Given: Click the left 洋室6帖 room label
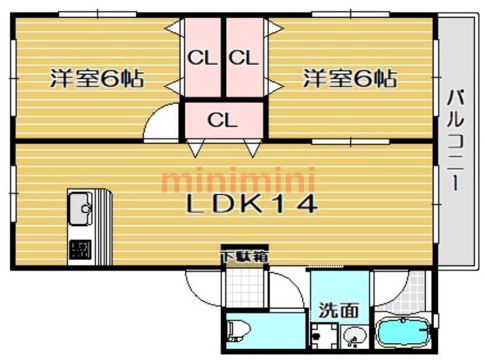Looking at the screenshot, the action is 97,79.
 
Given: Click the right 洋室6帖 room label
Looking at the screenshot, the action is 350,79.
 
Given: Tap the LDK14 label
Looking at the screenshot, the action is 252,204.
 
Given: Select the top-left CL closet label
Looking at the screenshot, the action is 202,58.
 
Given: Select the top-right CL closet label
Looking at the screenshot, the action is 244,58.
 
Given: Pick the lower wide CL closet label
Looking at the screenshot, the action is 222,120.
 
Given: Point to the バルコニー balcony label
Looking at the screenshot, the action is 455,140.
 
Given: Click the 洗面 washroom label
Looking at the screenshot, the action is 339,310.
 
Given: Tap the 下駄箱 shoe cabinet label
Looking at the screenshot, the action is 244,256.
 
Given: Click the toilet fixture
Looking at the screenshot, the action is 238,331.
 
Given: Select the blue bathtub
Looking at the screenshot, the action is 403,333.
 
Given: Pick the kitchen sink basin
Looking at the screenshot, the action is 81,208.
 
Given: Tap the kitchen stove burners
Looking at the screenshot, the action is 80,250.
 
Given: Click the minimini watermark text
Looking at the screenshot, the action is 238,179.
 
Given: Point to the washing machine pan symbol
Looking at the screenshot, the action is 324,336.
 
